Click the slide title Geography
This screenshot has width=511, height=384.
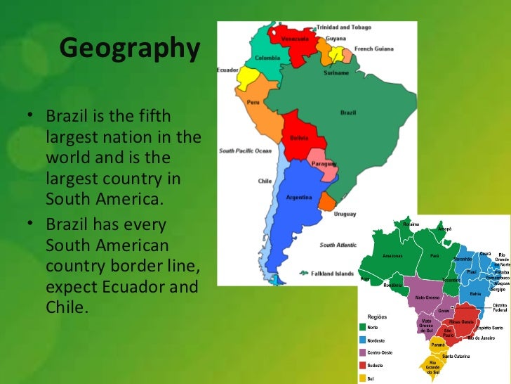[x=129, y=49]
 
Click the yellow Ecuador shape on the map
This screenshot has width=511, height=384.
[x=248, y=77]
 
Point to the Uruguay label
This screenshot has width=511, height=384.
[x=344, y=213]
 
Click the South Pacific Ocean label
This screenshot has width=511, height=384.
[x=245, y=151]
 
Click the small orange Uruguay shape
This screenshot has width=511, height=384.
[x=326, y=203]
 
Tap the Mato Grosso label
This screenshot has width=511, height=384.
[x=427, y=297]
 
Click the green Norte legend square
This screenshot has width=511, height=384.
[x=362, y=327]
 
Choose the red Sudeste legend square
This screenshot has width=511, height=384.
[x=362, y=366]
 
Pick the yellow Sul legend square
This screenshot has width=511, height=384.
[x=362, y=378]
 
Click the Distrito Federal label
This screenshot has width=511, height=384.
[x=500, y=307]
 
